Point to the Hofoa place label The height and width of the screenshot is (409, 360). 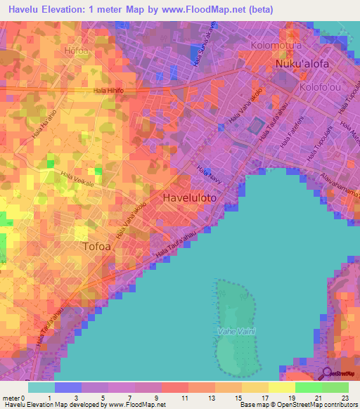pos(77,51)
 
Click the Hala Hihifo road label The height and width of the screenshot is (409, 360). pos(108,91)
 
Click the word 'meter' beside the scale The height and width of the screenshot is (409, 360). pos(11,398)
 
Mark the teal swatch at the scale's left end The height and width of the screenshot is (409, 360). pos(41,387)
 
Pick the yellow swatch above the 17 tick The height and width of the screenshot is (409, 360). pos(255,387)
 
